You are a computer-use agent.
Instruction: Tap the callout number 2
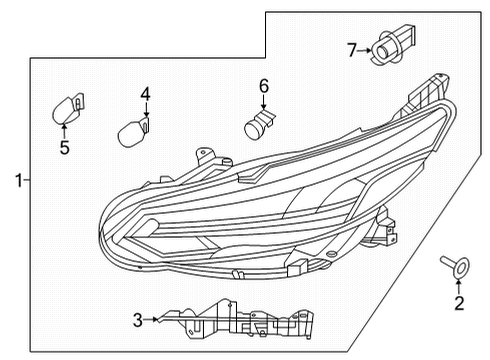tap(459, 304)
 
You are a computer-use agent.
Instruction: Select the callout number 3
tap(138, 320)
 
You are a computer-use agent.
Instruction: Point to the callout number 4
tap(145, 94)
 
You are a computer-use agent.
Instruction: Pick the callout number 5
tap(63, 149)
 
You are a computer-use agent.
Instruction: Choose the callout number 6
tap(265, 87)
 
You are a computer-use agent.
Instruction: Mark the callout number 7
tap(351, 48)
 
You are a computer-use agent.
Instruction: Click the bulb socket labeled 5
tap(68, 106)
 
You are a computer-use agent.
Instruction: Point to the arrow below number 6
tap(265, 104)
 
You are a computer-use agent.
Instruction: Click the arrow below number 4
tap(145, 111)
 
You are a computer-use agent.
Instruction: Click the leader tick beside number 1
tap(27, 180)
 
